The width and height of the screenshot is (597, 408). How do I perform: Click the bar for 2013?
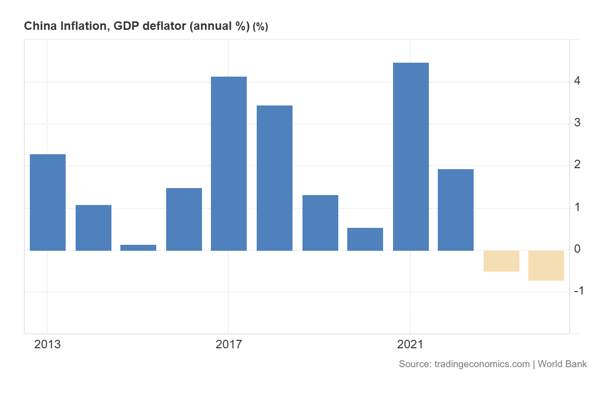(48, 202)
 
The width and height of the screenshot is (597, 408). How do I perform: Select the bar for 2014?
(94, 227)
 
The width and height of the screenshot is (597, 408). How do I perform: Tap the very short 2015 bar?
(138, 247)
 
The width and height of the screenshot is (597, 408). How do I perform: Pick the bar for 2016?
(184, 219)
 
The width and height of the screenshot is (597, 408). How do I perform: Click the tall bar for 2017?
(229, 163)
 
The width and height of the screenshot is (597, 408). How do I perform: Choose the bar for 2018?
(275, 178)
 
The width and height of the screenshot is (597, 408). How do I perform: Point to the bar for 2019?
(320, 222)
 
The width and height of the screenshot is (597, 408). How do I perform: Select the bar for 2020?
(365, 239)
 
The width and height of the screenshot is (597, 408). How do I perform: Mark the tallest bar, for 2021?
(411, 156)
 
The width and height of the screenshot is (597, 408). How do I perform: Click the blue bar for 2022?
(456, 209)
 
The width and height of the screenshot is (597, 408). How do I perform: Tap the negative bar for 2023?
(501, 261)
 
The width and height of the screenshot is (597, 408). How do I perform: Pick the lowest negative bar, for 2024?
(546, 266)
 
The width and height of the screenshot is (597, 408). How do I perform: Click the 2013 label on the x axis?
(47, 344)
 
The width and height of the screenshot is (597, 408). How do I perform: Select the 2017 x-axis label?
(228, 344)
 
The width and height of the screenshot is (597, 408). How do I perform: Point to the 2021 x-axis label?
(410, 344)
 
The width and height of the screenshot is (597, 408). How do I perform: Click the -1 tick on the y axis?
(578, 291)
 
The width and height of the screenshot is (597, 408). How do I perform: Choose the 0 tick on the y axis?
(577, 249)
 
